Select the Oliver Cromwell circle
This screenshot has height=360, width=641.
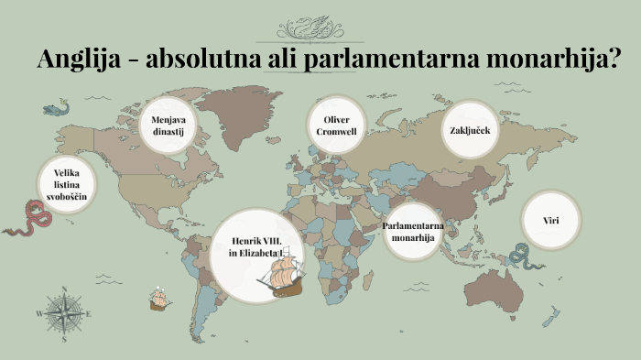[x=335, y=125]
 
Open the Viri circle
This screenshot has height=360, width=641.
[x=550, y=221]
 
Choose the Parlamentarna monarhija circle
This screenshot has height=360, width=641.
[x=408, y=232]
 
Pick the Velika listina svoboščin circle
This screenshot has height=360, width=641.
[x=67, y=184]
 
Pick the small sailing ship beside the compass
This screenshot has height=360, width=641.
[x=160, y=299]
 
